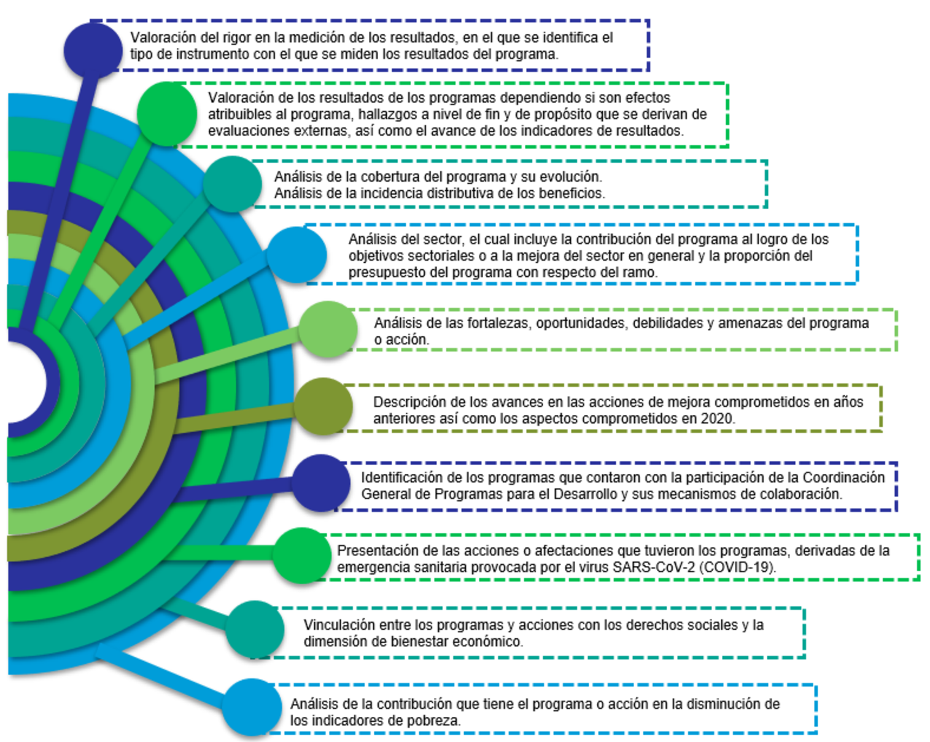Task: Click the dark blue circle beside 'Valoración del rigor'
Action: tap(93, 50)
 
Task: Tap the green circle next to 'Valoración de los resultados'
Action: tap(166, 114)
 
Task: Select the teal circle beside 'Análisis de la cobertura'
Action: tap(232, 184)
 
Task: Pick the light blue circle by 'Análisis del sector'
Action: tap(296, 255)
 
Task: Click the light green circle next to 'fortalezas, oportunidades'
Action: tap(328, 330)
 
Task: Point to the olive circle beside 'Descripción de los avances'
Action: tap(323, 406)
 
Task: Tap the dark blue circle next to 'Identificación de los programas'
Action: tap(320, 483)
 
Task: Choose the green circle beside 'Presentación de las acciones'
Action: tap(301, 555)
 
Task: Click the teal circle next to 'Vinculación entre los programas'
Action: tap(255, 629)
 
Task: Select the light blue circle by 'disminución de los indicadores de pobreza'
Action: tap(251, 707)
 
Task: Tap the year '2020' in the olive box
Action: tap(719, 419)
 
